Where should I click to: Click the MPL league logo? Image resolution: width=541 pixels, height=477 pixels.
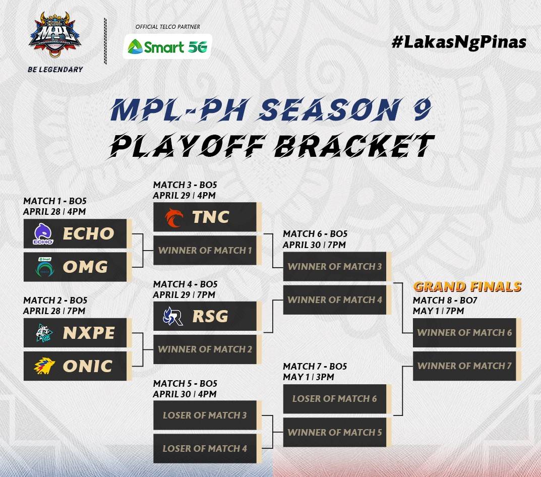pos(55,34)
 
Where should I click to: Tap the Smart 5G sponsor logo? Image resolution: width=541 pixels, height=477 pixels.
pos(167,46)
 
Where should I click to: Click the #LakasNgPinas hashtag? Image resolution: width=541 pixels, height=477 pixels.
pos(459,42)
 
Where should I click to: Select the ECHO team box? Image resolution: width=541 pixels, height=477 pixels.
pos(78,233)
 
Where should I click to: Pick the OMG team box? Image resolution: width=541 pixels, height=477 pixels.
pos(78,267)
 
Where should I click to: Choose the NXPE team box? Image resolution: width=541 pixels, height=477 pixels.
pos(78,333)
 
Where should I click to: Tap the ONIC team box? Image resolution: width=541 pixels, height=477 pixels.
pos(78,366)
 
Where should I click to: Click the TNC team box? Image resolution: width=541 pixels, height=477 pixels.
pos(207,217)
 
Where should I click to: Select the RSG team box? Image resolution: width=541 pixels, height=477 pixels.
pos(207,316)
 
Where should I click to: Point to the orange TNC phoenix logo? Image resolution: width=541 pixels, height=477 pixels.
pos(173,217)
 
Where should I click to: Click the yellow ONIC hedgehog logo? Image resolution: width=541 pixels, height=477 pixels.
pos(44,366)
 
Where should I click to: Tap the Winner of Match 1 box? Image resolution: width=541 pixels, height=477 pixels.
pos(207,250)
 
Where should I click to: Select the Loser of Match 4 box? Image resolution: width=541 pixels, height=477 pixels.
pos(207,448)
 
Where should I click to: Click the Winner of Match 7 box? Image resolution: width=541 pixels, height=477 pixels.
pos(467,366)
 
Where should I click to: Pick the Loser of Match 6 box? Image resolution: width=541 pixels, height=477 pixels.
pos(337,399)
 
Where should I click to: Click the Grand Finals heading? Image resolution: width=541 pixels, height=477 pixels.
pos(467,287)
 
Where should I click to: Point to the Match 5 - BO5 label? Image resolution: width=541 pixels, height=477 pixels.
pos(185,383)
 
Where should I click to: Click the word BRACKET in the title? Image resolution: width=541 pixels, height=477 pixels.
pos(354,145)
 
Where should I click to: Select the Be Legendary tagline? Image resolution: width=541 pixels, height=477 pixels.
pos(55,70)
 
